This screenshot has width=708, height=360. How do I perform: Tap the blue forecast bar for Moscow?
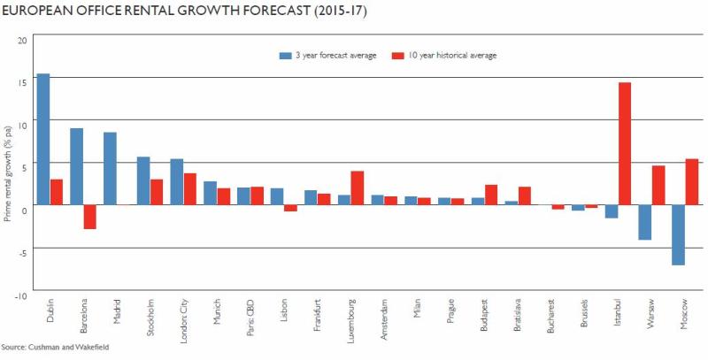point(678,234)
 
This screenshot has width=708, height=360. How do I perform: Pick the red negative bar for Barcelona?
point(90,217)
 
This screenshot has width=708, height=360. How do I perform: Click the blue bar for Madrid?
point(110,168)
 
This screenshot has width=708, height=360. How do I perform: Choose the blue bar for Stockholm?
point(143,180)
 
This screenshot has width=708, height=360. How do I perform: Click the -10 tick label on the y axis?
point(22,289)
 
